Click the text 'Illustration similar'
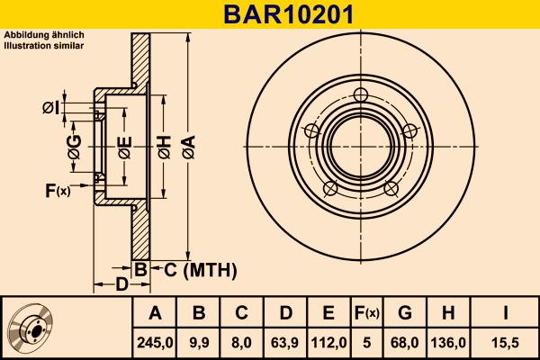click(44, 44)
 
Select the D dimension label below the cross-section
click(121, 285)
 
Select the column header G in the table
click(405, 313)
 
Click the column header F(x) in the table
click(366, 313)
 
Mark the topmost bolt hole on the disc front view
click(362, 95)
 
